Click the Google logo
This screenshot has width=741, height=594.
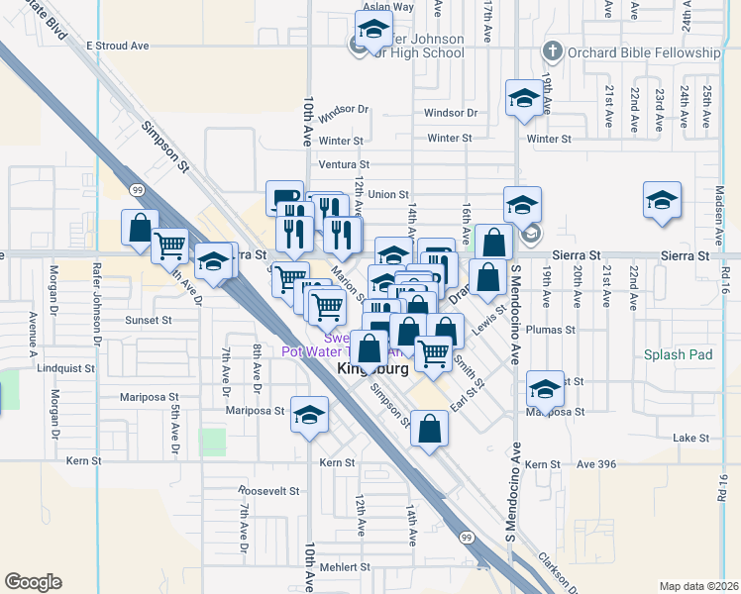click(33, 582)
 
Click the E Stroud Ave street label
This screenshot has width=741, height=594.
click(117, 46)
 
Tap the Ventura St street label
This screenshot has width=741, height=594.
click(344, 164)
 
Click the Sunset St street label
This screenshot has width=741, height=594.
click(149, 321)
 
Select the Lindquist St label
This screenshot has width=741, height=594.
click(64, 368)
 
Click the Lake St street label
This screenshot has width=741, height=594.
click(690, 437)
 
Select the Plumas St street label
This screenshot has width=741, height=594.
click(552, 329)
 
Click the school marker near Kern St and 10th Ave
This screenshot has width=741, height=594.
click(309, 414)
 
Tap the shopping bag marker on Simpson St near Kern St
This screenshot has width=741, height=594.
click(429, 428)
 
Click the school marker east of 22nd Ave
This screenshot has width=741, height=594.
click(662, 200)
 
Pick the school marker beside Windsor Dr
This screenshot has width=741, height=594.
click(523, 97)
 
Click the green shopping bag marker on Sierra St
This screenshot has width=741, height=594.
click(493, 242)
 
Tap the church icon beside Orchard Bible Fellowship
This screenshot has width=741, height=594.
click(553, 51)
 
